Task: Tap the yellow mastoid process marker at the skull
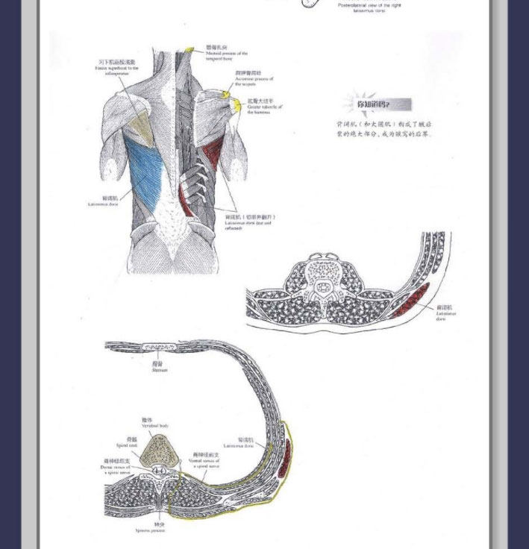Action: click(x=190, y=51)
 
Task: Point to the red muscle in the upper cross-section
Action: click(x=413, y=299)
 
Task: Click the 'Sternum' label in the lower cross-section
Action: click(x=159, y=366)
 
